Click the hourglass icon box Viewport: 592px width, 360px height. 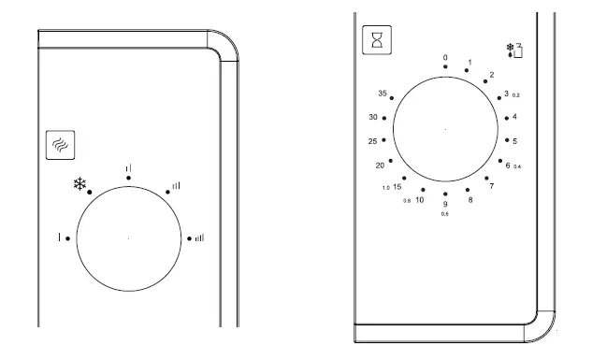coord(377,40)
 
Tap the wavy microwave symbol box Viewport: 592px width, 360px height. coord(61,145)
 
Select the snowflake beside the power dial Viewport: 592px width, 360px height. coord(79,184)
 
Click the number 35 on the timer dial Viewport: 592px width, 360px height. coord(383,94)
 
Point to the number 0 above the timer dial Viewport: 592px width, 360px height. coord(445,57)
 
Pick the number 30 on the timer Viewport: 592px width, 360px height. coord(373,118)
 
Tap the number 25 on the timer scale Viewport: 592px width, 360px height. coord(372,141)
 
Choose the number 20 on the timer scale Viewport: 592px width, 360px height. coord(380,166)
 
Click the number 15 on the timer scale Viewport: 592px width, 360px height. coord(397,187)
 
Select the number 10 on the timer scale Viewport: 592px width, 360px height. coord(420,200)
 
